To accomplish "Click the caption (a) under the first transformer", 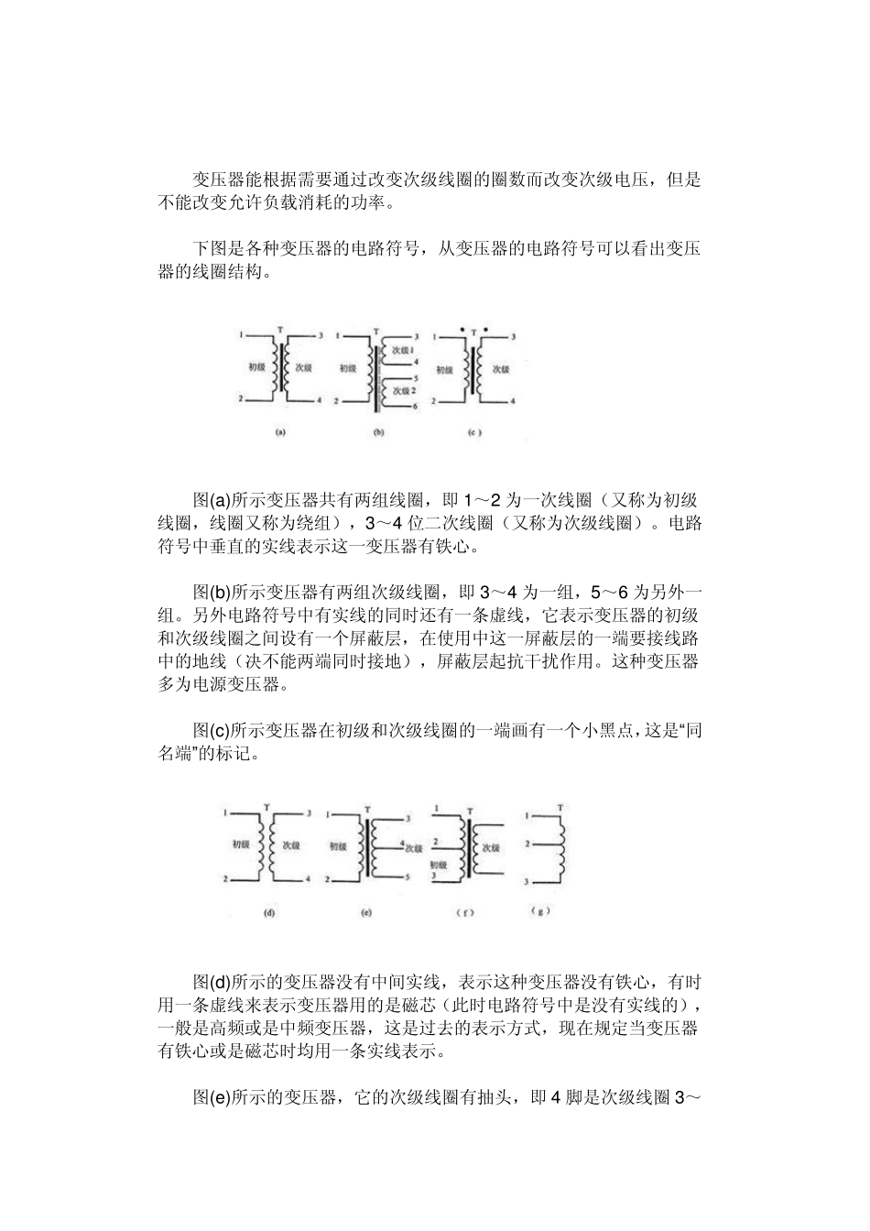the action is coord(281,433).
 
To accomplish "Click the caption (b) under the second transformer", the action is coord(377,433).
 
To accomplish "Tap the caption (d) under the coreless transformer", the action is coord(269,912).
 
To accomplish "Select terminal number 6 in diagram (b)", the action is coord(416,405).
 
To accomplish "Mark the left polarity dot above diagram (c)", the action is coord(464,326).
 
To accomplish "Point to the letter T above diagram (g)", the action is coord(559,807).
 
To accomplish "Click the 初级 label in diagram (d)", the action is coord(241,844).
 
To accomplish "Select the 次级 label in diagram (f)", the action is coord(491,848).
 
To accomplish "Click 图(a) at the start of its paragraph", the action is coord(212,500).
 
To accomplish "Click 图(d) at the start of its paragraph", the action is coord(212,983).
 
